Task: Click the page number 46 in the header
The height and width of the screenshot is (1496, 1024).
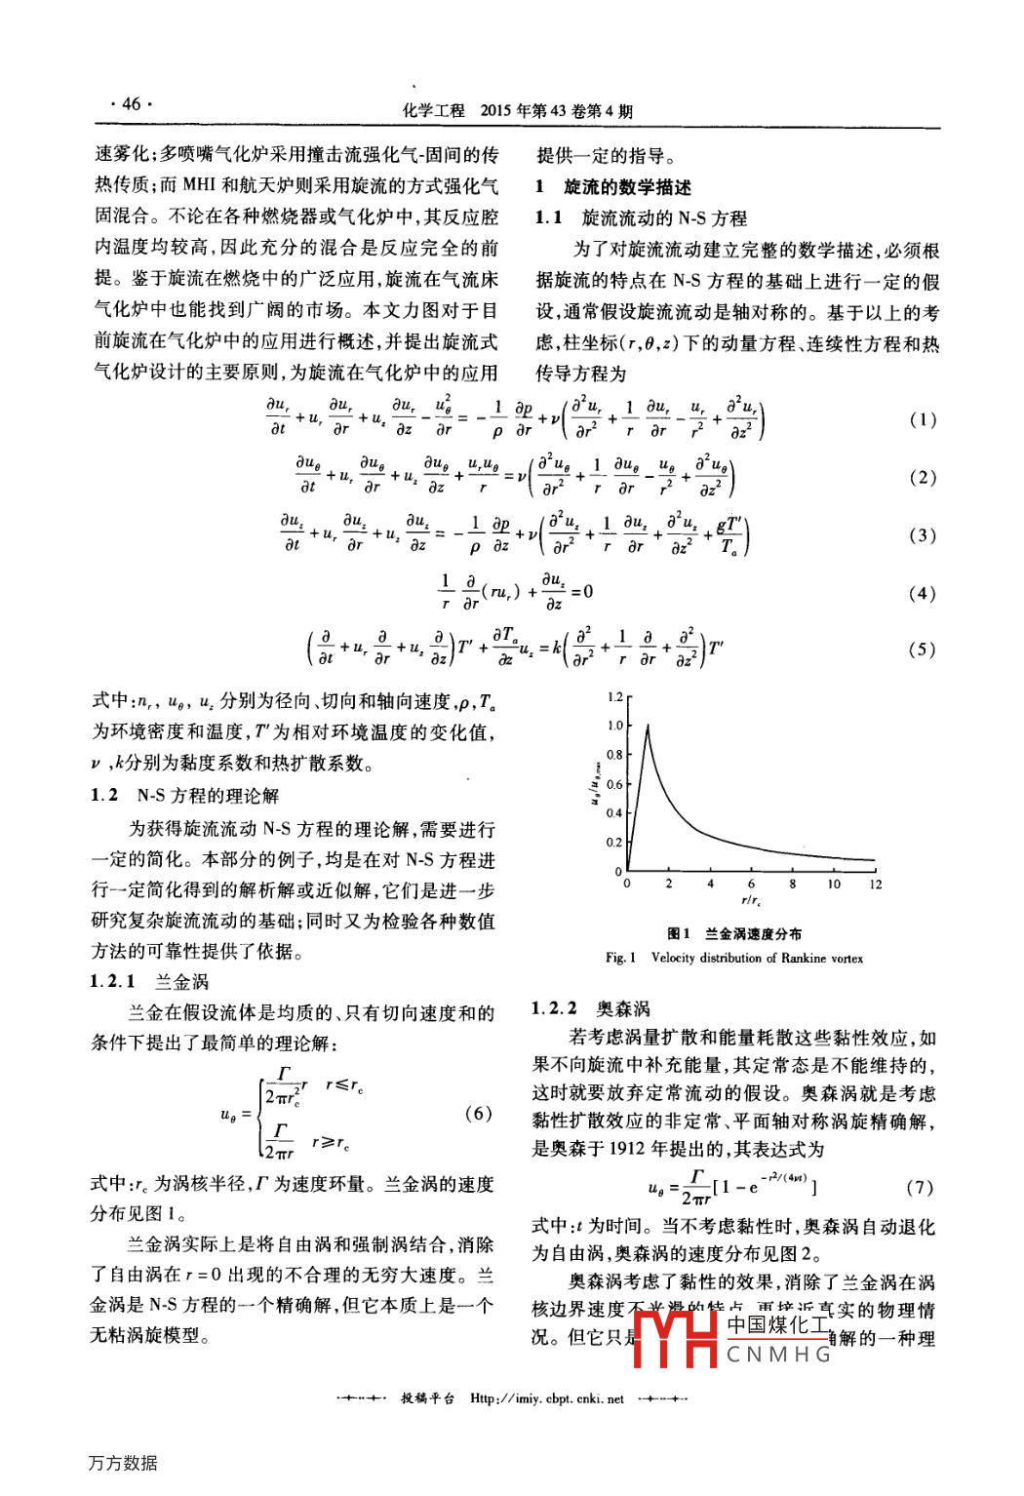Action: (131, 104)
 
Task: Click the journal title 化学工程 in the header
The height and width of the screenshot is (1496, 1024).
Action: (434, 111)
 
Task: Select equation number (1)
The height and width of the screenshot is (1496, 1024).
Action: (923, 419)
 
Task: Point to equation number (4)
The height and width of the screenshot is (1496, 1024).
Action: (923, 593)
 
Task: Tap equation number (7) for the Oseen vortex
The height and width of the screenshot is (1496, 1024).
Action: (920, 1187)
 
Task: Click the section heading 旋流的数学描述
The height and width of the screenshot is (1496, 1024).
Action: (627, 187)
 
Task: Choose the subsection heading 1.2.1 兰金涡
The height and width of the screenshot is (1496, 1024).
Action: (149, 981)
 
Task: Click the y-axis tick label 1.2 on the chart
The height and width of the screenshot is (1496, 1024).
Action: (614, 697)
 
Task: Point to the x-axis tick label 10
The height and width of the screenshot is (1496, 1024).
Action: (834, 885)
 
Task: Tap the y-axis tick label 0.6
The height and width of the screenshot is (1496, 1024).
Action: (614, 784)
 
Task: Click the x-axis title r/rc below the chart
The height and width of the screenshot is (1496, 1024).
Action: (751, 902)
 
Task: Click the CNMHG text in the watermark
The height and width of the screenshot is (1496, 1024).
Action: (778, 1355)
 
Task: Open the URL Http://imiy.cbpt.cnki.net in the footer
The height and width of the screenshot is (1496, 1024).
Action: (546, 1398)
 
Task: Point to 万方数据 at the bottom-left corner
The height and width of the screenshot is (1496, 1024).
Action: (123, 1463)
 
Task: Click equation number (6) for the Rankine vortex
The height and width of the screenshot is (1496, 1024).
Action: (478, 1113)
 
